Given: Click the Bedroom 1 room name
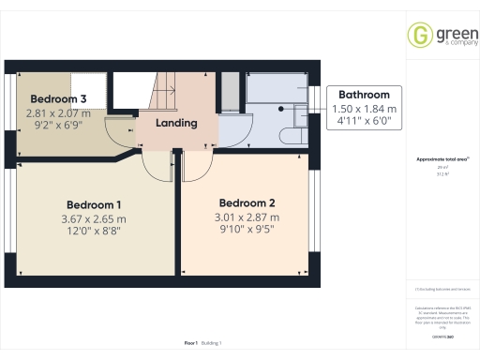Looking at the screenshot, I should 92,204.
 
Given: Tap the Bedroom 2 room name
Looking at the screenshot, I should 247,202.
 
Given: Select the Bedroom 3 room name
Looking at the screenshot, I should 58,99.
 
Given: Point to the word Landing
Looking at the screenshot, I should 176,123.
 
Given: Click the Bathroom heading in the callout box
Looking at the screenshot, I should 364,95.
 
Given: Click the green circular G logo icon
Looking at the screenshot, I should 418,36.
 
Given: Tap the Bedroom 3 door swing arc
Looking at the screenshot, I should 120,129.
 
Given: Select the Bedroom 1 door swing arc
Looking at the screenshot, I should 156,166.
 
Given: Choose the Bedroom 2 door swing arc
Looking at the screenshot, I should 198,166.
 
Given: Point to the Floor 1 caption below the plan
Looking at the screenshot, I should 190,344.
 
